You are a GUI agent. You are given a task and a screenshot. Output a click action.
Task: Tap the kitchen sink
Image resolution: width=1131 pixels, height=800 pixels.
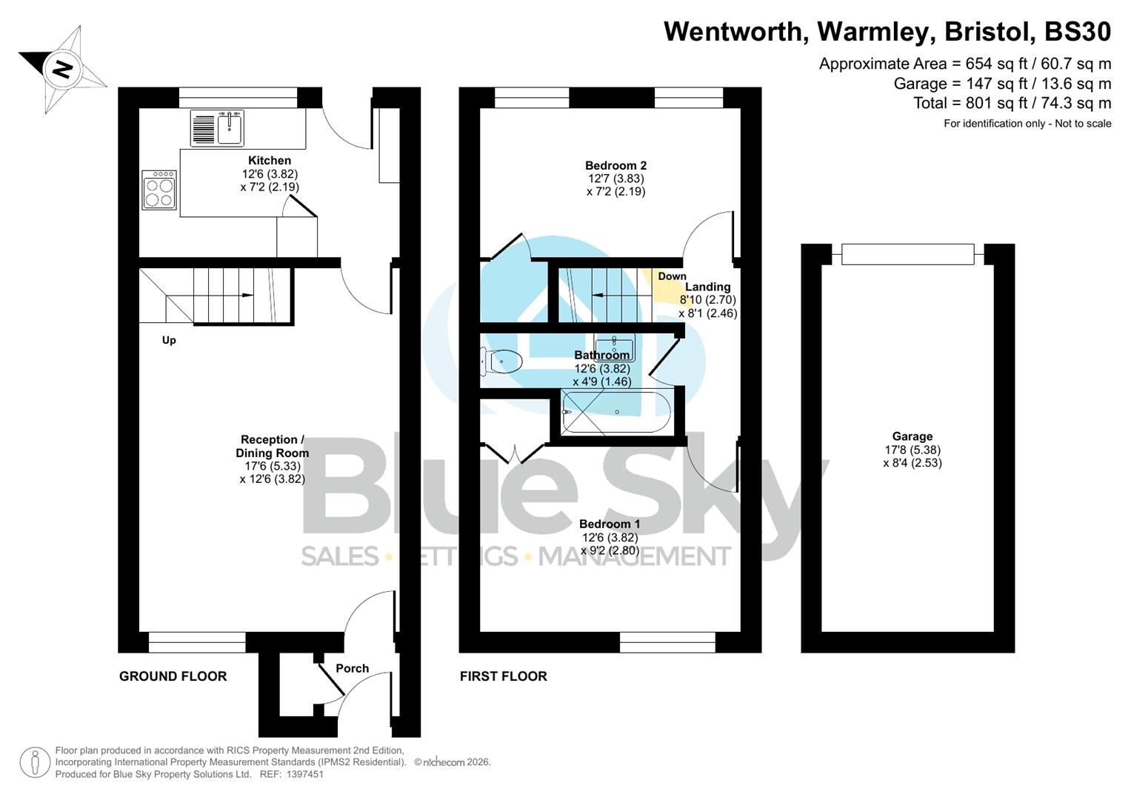click(230, 129)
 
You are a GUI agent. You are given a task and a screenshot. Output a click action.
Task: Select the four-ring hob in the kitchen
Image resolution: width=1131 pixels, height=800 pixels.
click(159, 190)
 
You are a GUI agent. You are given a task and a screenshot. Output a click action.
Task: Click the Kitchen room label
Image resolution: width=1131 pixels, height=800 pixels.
click(270, 160)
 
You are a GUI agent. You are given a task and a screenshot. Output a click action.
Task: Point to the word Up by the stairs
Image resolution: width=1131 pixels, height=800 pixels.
click(169, 340)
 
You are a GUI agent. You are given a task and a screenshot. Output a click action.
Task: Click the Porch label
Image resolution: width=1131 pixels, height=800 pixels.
click(352, 668)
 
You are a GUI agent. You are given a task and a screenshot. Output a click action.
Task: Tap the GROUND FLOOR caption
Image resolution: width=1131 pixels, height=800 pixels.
click(173, 676)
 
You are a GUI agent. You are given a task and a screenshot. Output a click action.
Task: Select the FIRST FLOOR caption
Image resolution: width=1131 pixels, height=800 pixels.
click(503, 676)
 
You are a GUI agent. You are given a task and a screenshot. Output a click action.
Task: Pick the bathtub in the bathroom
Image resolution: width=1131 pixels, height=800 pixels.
click(616, 412)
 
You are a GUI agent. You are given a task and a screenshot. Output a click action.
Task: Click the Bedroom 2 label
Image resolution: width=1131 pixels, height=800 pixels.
click(615, 165)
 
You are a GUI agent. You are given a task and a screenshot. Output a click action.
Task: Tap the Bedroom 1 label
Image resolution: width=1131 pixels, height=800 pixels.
click(610, 524)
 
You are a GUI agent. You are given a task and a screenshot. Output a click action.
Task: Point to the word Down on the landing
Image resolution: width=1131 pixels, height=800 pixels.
click(672, 276)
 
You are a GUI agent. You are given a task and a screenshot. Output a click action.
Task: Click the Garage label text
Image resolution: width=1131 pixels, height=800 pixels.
click(912, 436)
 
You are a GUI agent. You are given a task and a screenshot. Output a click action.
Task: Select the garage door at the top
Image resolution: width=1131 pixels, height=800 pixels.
click(907, 254)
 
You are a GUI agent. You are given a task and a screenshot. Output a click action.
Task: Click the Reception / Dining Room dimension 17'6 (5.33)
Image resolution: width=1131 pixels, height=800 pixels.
click(273, 466)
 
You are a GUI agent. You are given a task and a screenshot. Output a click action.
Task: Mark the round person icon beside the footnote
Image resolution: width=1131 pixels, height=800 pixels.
click(35, 762)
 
